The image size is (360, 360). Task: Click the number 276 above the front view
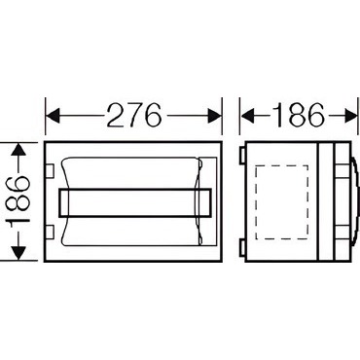click(134, 115)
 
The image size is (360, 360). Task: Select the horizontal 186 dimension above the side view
click(299, 115)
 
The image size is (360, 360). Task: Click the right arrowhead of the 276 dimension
click(214, 115)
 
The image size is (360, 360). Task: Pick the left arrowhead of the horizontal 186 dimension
click(247, 115)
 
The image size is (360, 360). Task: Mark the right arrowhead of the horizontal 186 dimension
click(349, 115)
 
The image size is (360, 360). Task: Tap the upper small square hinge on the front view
click(50, 171)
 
